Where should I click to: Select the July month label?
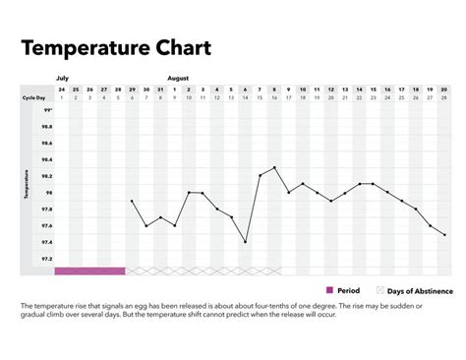[x=61, y=76]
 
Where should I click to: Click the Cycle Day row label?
[x=35, y=98]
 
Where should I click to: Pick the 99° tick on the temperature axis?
[x=48, y=111]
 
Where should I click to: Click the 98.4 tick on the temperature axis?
[x=47, y=159]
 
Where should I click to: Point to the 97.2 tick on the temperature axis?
[x=47, y=259]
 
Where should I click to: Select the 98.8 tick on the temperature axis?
[x=47, y=127]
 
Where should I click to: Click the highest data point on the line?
[x=274, y=168]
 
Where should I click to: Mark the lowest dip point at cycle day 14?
[x=246, y=242]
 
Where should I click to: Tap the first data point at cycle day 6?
[x=132, y=201]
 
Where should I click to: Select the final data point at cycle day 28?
[x=445, y=235]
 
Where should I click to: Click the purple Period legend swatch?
[x=330, y=290]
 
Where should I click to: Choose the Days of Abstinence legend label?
[x=420, y=291]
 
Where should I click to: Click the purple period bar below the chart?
[x=89, y=270]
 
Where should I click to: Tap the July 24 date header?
[x=61, y=89]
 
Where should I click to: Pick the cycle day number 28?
[x=445, y=98]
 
